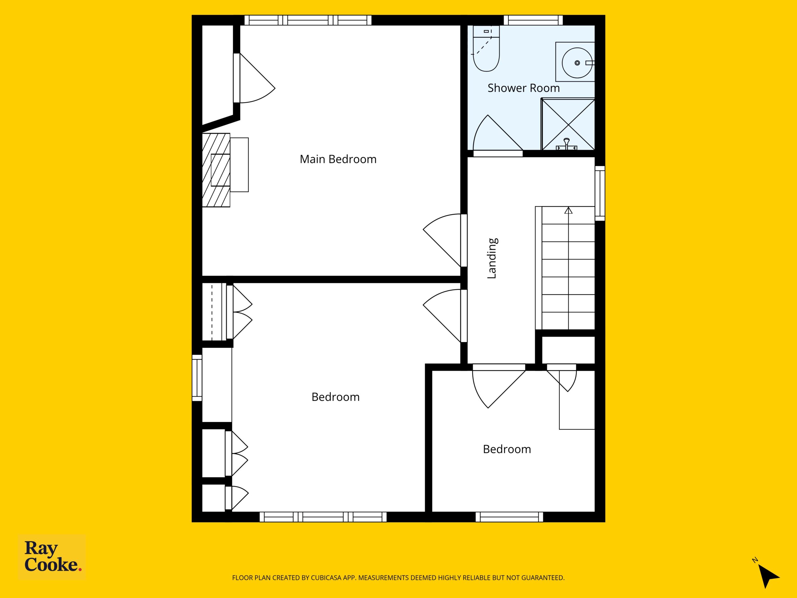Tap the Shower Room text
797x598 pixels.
pos(524,88)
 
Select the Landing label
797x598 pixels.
pos(492,258)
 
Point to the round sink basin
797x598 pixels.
pos(577,63)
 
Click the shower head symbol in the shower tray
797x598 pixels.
pos(567,144)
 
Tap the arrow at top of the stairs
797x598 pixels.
pos(568,210)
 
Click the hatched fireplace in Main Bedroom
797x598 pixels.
pos(216,170)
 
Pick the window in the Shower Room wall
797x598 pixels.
pos(533,20)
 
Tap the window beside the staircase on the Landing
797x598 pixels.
pos(600,193)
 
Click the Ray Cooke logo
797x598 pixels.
pos(52,557)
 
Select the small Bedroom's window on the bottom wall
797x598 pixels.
pos(509,517)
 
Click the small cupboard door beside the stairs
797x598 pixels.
pos(562,378)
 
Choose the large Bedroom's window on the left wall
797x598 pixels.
pos(197,378)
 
